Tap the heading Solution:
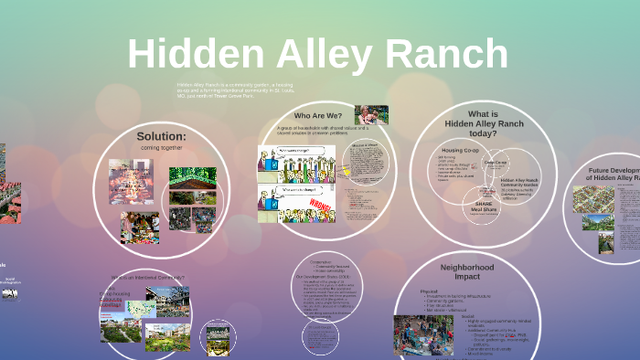pyautogui.click(x=161, y=136)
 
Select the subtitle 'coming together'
pyautogui.click(x=161, y=148)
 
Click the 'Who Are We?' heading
pyautogui.click(x=319, y=115)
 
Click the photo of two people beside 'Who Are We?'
pyautogui.click(x=371, y=115)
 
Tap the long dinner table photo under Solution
pyautogui.click(x=129, y=181)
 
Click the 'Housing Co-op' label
pyautogui.click(x=461, y=149)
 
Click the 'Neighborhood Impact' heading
pyautogui.click(x=467, y=270)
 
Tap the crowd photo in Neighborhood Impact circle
pyautogui.click(x=422, y=335)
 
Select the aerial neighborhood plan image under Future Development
pyautogui.click(x=591, y=201)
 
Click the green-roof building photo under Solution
pyautogui.click(x=192, y=175)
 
